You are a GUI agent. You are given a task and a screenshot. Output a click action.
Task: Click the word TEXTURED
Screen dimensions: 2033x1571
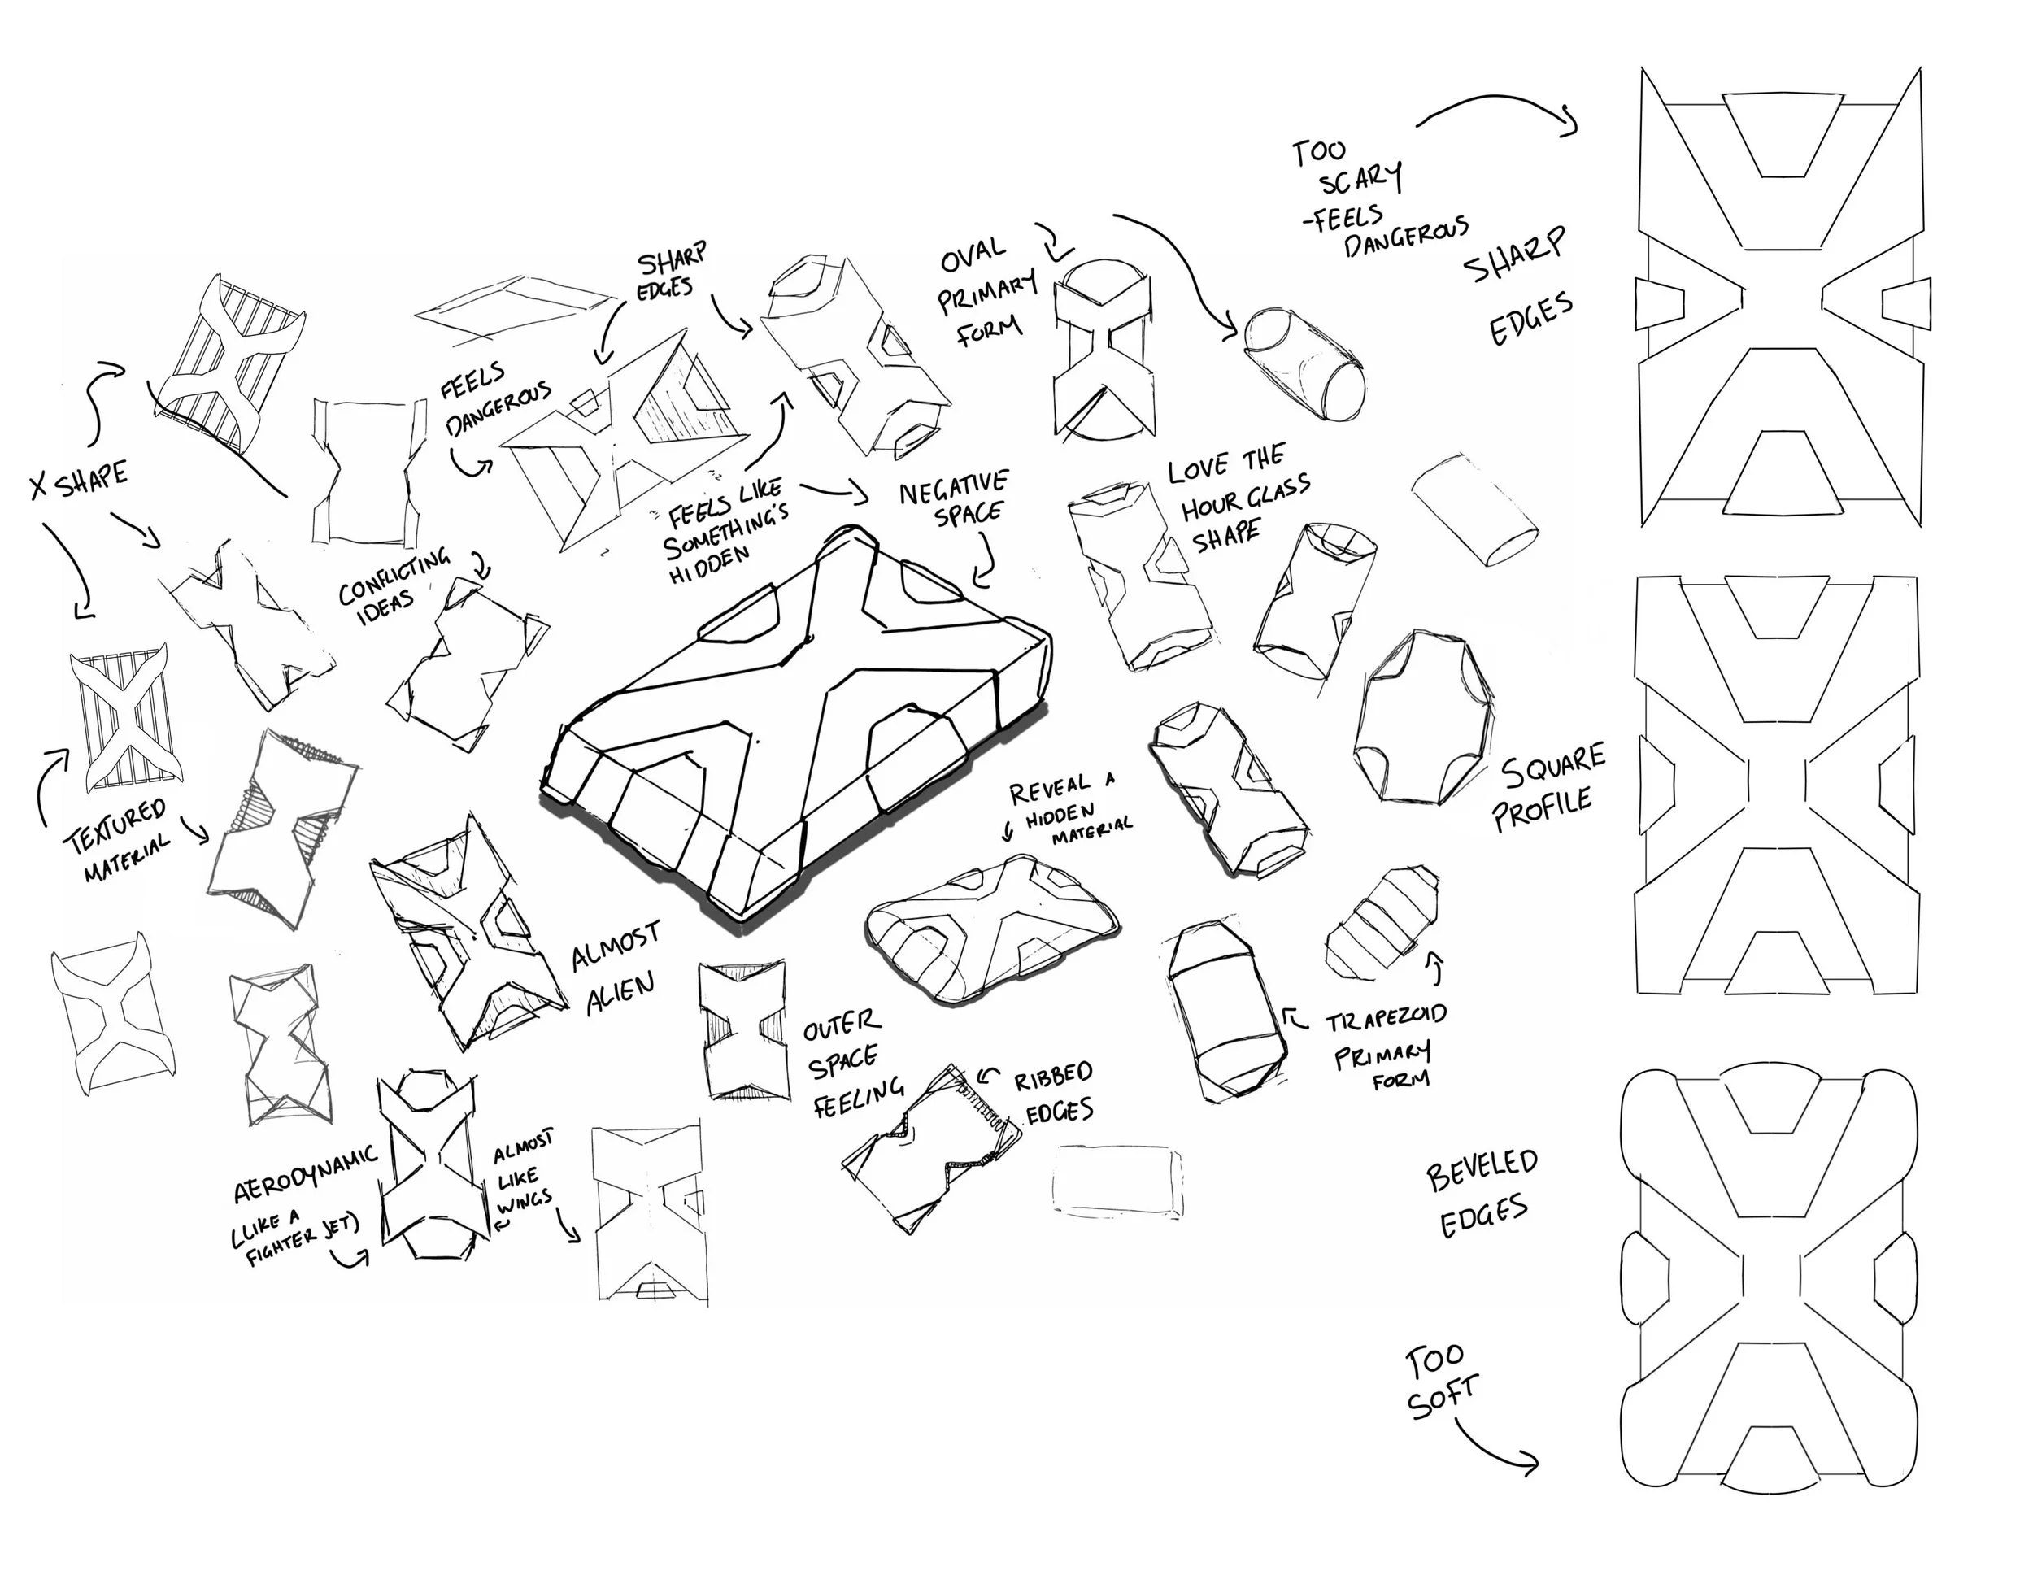[x=116, y=824]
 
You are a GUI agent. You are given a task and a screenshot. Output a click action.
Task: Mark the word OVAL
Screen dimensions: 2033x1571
[x=973, y=253]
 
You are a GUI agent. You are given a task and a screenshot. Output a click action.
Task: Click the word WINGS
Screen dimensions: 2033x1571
[x=524, y=1203]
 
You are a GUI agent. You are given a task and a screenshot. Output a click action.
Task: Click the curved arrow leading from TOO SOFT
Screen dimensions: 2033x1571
[x=1494, y=1448]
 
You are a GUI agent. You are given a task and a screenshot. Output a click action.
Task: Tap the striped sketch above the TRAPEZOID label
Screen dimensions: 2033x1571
[x=1381, y=922]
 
